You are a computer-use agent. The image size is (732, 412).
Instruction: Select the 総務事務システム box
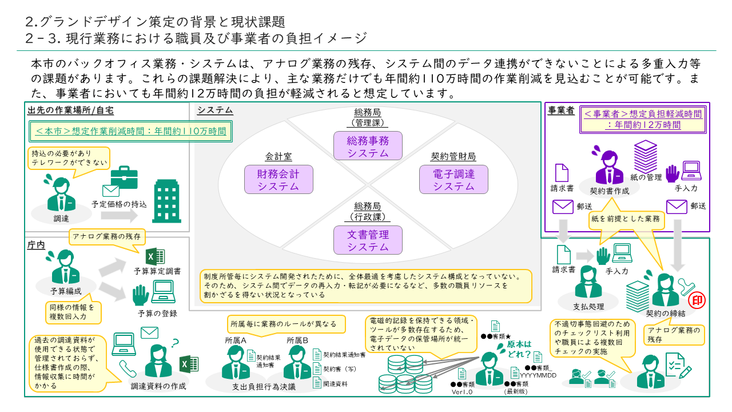368,146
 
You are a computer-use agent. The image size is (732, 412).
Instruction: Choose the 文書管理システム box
368,240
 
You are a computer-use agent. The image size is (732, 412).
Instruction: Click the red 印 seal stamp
697,300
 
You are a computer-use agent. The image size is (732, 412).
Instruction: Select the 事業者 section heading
561,111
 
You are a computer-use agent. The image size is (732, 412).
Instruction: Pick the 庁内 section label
35,245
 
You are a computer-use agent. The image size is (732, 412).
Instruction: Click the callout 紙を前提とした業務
626,219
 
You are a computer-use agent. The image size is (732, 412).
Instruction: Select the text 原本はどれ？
519,348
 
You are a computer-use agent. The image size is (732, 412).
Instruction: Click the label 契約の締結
665,314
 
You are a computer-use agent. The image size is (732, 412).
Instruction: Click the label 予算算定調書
157,271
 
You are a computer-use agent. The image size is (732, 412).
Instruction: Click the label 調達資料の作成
158,386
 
